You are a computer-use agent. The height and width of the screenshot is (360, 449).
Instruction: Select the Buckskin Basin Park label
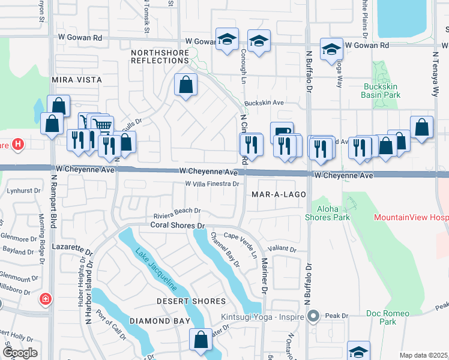click(x=382, y=91)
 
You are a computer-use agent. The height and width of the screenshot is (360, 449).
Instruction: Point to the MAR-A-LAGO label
click(x=279, y=195)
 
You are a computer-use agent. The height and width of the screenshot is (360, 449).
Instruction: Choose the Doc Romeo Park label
click(x=396, y=317)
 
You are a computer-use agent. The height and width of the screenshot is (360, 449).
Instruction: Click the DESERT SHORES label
click(x=191, y=301)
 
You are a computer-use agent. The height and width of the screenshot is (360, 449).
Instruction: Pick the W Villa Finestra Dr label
click(x=212, y=184)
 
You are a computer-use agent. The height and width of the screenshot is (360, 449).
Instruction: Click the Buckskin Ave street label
click(x=264, y=103)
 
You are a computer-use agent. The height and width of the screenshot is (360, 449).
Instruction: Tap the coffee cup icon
click(x=282, y=131)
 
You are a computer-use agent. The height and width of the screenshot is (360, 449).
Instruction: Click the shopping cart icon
click(x=103, y=125)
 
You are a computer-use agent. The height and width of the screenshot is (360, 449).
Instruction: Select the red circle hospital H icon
click(x=18, y=145)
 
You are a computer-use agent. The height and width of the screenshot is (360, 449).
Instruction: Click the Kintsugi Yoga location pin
click(x=312, y=316)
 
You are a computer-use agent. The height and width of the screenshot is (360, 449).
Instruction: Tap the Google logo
click(x=20, y=353)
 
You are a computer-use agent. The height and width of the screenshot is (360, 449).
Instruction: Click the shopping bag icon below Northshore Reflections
click(x=186, y=85)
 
